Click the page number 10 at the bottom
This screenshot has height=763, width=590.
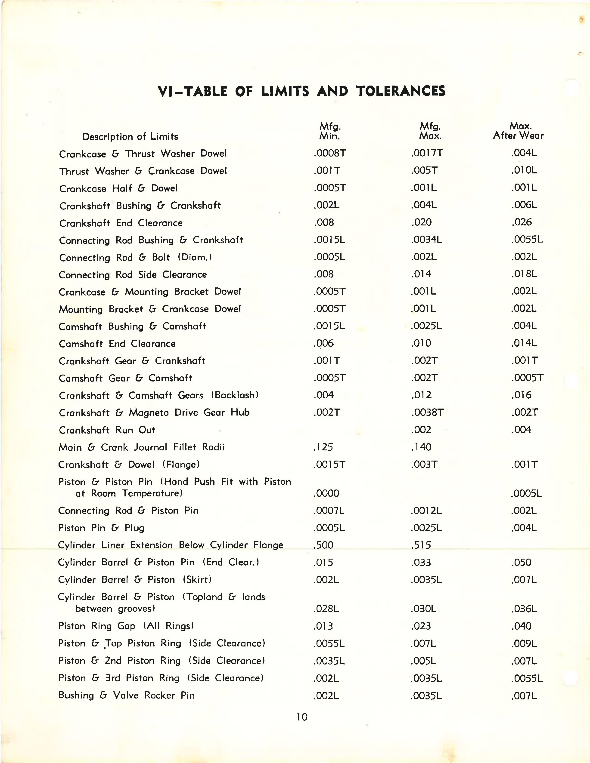point(302,717)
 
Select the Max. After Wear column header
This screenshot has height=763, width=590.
point(518,131)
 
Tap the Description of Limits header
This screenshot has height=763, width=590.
point(130,137)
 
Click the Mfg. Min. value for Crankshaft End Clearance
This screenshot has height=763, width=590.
point(324,222)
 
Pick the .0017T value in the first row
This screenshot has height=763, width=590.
point(427,153)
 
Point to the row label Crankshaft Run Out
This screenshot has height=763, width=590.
point(107,430)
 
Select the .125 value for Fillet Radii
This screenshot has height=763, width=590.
point(323,447)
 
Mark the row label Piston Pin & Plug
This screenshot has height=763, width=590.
point(101,528)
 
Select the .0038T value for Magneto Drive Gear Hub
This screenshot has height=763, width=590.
point(427,412)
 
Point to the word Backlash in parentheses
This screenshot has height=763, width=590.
point(235,395)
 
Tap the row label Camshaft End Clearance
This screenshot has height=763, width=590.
point(117,344)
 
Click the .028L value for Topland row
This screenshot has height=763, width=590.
point(326,609)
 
